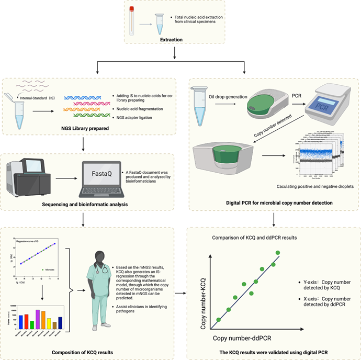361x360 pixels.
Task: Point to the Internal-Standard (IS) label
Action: [39, 97]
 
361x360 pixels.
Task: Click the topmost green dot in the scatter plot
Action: [278, 253]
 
